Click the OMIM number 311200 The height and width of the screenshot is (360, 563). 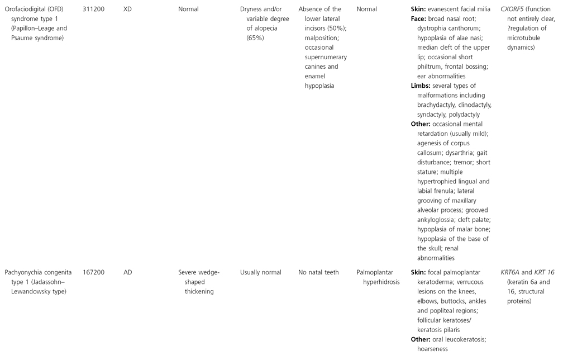(94, 9)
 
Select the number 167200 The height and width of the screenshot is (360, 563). (94, 273)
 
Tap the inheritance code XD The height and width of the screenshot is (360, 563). (128, 9)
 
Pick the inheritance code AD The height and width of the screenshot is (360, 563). (128, 273)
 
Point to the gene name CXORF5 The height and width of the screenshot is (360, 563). (516, 9)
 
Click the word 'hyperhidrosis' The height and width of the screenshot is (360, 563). (378, 282)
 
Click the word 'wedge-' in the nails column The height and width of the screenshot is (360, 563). (210, 273)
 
